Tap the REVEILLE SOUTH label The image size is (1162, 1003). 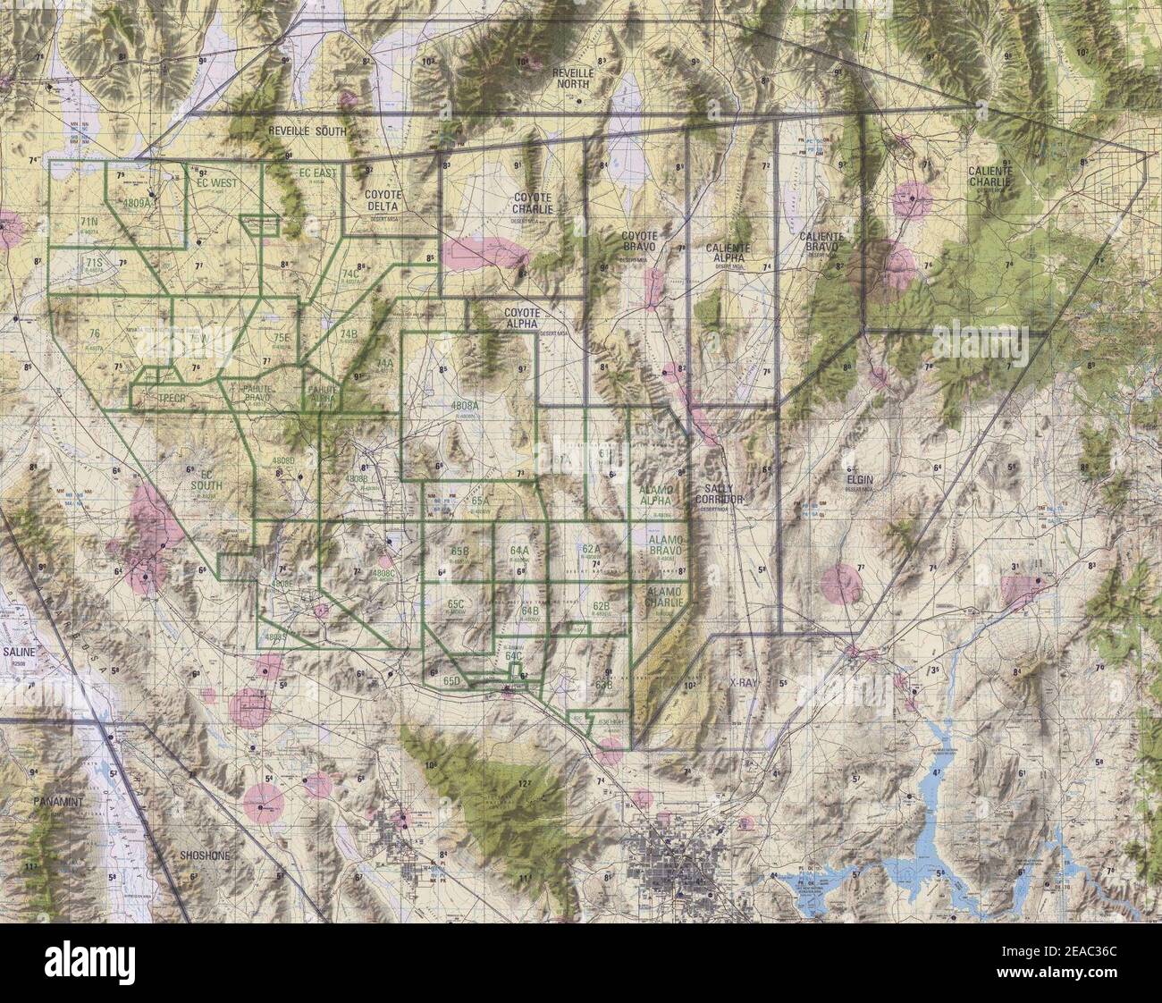307,131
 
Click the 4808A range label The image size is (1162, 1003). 467,406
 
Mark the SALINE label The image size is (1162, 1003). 20,653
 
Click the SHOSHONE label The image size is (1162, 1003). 205,855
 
